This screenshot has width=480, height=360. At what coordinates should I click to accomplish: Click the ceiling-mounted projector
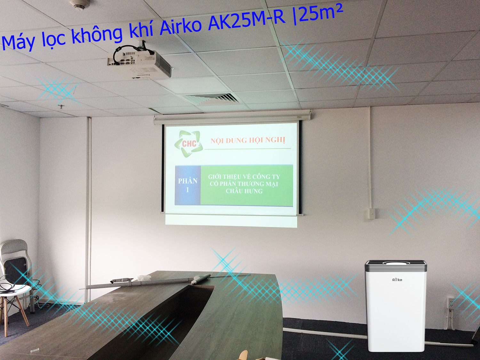pos(139,63)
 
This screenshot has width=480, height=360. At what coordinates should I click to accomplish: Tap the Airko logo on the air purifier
pos(397,280)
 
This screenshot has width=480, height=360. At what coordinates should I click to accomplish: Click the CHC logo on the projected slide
pos(188,144)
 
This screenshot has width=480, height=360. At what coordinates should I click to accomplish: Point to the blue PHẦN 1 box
pos(188,185)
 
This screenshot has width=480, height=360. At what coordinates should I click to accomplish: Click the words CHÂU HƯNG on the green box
pos(244,191)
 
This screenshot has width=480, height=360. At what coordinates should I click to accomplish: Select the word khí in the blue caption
pos(141,33)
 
